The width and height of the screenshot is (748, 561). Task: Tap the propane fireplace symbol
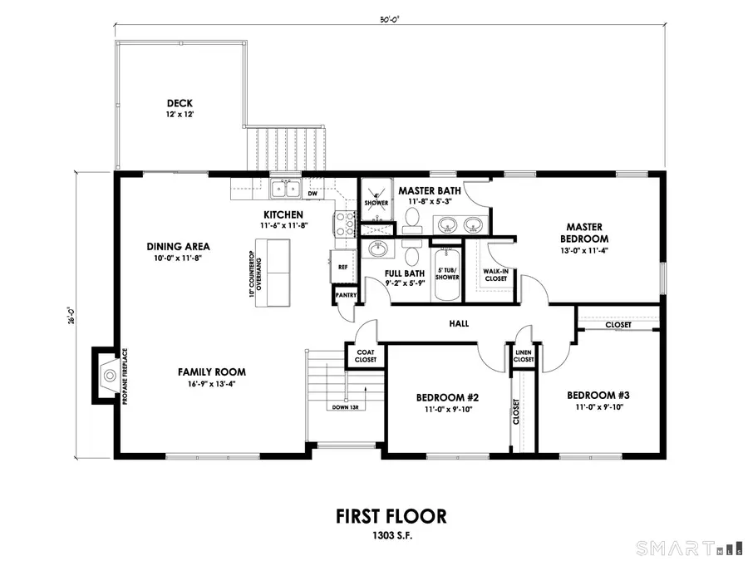pyautogui.click(x=107, y=376)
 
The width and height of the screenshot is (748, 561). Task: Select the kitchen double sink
pyautogui.click(x=287, y=189)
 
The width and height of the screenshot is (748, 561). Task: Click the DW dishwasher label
pyautogui.click(x=313, y=194)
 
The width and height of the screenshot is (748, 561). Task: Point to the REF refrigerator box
pyautogui.click(x=342, y=267)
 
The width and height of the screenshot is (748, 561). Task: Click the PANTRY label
pyautogui.click(x=345, y=295)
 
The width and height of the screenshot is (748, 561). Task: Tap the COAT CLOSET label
pyautogui.click(x=366, y=356)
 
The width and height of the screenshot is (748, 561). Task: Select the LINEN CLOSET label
pyautogui.click(x=524, y=356)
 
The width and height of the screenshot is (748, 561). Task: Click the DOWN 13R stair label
pyautogui.click(x=344, y=407)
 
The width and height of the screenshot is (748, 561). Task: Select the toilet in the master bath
pyautogui.click(x=411, y=219)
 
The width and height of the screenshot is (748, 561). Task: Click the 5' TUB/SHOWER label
pyautogui.click(x=447, y=273)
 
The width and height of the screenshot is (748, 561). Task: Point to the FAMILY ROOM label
pyautogui.click(x=211, y=372)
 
